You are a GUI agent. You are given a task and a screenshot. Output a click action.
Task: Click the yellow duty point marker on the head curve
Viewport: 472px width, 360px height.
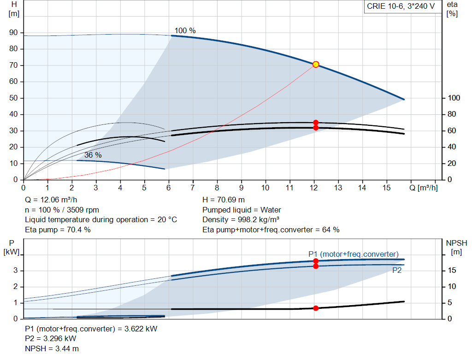[316, 65]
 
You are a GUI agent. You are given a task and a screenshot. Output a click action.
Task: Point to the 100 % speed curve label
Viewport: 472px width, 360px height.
[185, 31]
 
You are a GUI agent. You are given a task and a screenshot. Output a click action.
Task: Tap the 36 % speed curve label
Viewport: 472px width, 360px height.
[93, 155]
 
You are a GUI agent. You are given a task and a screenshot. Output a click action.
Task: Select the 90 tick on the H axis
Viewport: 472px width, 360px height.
[13, 33]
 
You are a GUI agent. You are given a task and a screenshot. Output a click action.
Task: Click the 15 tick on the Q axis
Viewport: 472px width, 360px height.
[387, 188]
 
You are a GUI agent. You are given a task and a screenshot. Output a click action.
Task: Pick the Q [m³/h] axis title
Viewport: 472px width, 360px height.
[424, 188]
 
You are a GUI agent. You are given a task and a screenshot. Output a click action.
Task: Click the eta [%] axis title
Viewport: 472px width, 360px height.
[452, 9]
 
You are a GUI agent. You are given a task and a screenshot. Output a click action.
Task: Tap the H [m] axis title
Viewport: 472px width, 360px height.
[14, 9]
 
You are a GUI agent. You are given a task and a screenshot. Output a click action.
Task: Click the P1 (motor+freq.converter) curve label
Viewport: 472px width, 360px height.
[354, 254]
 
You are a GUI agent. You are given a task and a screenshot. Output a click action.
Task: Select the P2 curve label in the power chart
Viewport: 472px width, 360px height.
[397, 270]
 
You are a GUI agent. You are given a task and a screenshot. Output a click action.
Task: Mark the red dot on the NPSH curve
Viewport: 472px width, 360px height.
[316, 308]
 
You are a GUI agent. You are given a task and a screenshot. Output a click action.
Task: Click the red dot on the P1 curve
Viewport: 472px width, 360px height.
[316, 261]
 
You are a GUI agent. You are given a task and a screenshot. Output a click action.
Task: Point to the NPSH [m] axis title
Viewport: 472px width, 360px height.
[456, 248]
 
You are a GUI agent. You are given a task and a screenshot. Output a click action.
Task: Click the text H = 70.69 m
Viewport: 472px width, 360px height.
[224, 200]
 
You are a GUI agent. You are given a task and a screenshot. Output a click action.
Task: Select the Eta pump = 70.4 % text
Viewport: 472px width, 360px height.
[58, 230]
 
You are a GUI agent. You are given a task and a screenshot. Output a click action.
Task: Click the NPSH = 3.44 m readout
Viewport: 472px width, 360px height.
[52, 349]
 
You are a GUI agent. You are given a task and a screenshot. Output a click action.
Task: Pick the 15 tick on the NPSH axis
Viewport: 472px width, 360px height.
[452, 270]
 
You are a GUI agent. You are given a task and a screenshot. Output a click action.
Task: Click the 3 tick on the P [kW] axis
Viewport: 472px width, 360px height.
[15, 270]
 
